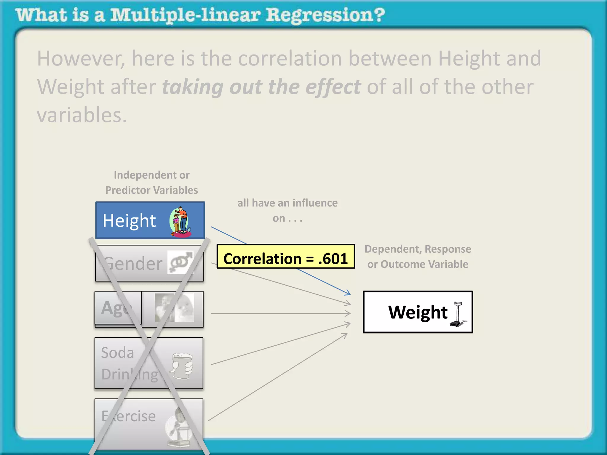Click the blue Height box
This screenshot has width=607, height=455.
pyautogui.click(x=150, y=220)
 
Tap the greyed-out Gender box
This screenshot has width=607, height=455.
pyautogui.click(x=149, y=263)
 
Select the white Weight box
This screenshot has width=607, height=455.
pyautogui.click(x=418, y=312)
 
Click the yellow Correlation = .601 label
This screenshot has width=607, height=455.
pyautogui.click(x=285, y=257)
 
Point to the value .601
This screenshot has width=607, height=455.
pyautogui.click(x=333, y=259)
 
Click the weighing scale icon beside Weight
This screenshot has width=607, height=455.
pyautogui.click(x=458, y=314)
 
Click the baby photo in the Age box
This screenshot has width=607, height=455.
pyautogui.click(x=184, y=308)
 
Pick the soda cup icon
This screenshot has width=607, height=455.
pyautogui.click(x=181, y=365)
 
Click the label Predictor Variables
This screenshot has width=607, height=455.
pyautogui.click(x=151, y=190)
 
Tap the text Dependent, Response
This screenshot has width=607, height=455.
pyautogui.click(x=418, y=249)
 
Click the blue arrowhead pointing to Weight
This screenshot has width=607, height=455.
pyautogui.click(x=348, y=293)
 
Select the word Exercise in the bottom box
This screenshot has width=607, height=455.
pyautogui.click(x=128, y=416)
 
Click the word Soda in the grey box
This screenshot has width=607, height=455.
pyautogui.click(x=117, y=353)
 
